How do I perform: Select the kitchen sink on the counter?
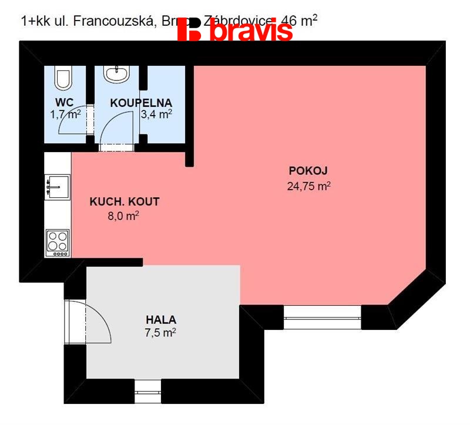pos(58,186)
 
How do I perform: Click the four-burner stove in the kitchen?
pos(58,242)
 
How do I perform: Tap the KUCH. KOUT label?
pos(124,202)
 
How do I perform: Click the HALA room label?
pos(161,320)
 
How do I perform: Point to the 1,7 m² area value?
pos(65,114)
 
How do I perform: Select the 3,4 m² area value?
pos(156,114)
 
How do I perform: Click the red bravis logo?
pos(235,30)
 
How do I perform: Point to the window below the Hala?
pos(147,389)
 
